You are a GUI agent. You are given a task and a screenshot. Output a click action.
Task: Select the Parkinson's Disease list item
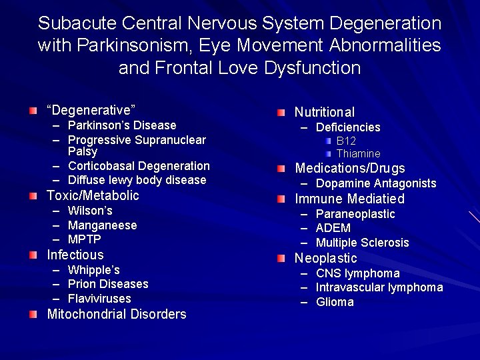click(122, 125)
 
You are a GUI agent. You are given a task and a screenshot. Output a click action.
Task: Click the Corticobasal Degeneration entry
click(139, 166)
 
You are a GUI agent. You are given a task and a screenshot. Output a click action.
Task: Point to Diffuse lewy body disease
click(137, 180)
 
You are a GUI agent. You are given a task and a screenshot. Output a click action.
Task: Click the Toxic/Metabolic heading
click(93, 195)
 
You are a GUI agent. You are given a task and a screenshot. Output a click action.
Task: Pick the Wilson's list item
click(90, 211)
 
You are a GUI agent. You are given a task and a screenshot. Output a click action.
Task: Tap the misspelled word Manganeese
click(102, 225)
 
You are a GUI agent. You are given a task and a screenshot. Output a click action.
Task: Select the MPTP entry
click(84, 239)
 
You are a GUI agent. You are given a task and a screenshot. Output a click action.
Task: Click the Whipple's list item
click(93, 270)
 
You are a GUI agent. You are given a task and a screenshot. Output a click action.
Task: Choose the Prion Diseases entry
click(108, 284)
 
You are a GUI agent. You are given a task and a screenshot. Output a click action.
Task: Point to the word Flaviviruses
click(99, 299)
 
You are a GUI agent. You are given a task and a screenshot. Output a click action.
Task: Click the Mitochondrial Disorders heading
click(116, 314)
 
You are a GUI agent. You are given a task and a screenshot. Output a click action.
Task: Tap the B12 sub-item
click(346, 141)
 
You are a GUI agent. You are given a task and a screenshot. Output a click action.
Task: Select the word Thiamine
click(358, 153)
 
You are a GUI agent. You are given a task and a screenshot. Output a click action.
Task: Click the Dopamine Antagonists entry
click(376, 183)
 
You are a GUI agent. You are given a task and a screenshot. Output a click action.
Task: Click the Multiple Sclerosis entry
click(362, 243)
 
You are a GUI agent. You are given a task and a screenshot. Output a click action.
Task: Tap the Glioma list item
click(335, 302)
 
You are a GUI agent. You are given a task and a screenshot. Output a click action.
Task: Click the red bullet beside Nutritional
click(283, 111)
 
